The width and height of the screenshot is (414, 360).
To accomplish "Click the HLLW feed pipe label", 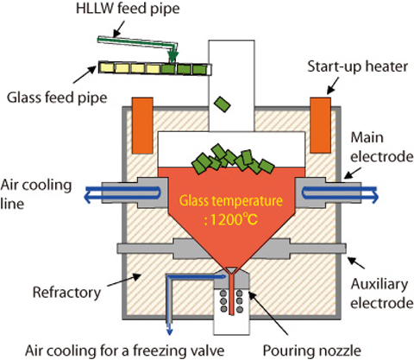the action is (x=128, y=9).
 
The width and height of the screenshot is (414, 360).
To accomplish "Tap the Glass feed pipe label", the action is (x=57, y=98).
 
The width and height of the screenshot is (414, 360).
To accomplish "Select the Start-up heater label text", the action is (x=357, y=66).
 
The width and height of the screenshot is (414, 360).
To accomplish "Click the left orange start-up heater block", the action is (x=142, y=125).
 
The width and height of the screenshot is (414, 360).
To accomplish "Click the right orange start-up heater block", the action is (x=320, y=125).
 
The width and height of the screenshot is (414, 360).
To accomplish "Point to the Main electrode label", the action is (x=381, y=147).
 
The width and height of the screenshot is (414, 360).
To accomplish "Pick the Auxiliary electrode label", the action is (x=381, y=294).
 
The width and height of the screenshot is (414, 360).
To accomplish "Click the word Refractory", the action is (x=66, y=293).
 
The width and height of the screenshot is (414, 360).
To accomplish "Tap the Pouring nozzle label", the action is (x=312, y=351).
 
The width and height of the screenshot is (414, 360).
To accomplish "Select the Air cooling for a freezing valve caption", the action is (x=125, y=351).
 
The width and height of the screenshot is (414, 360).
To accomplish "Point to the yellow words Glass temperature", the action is (x=231, y=201).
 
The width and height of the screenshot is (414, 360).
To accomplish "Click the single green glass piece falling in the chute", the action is (x=223, y=104).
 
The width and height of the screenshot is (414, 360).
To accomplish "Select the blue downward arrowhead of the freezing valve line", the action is (x=170, y=331).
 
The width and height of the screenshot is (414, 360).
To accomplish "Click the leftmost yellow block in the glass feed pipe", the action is (x=106, y=68).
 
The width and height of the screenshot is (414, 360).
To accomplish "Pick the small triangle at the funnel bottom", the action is (x=231, y=270).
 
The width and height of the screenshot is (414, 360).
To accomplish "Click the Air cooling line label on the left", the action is (x=36, y=194).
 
